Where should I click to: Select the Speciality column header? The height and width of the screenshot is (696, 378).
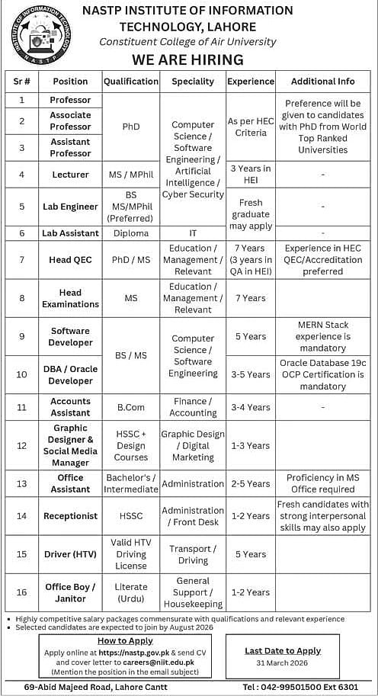[193, 82]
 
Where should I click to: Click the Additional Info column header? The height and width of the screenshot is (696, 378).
[322, 82]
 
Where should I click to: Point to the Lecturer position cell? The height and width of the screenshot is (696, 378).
[70, 175]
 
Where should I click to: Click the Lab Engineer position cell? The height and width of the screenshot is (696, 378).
[70, 207]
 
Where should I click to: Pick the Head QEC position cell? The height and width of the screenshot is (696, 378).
[70, 260]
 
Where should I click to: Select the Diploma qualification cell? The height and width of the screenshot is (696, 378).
[131, 233]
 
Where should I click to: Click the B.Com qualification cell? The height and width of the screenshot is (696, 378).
[131, 407]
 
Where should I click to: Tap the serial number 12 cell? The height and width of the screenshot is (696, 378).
[22, 445]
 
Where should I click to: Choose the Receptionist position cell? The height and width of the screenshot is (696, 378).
[70, 516]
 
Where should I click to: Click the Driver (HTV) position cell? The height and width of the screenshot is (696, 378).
[70, 554]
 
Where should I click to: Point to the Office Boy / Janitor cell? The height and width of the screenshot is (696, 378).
[70, 592]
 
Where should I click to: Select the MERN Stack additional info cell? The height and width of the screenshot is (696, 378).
[322, 336]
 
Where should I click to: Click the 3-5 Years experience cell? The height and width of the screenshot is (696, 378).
[250, 374]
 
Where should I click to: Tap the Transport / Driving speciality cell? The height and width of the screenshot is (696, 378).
[193, 554]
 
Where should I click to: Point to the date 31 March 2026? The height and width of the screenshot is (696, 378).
[283, 663]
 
